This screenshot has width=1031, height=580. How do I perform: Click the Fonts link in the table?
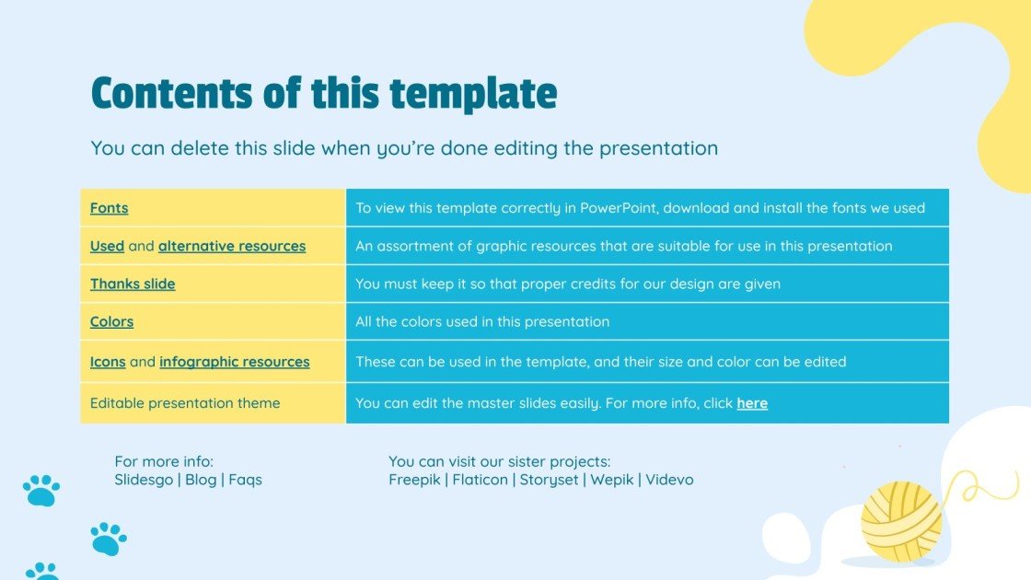109,208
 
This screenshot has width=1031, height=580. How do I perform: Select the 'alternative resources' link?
232,246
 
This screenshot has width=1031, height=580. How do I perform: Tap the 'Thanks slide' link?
133,284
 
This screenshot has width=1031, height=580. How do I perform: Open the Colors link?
111,321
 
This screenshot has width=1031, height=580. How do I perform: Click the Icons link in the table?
108,362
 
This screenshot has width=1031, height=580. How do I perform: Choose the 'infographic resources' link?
235,362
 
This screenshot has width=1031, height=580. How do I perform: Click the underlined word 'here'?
752,403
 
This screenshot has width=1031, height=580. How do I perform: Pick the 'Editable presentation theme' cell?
185,403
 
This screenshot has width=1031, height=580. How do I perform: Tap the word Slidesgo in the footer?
144,480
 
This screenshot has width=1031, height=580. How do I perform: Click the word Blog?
201,480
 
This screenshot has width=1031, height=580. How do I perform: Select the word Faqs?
245,480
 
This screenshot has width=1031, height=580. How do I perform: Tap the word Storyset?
549,480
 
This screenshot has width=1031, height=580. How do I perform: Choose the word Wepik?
612,480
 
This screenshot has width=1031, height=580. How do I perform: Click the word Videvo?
669,480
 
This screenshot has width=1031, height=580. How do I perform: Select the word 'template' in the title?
473,94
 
